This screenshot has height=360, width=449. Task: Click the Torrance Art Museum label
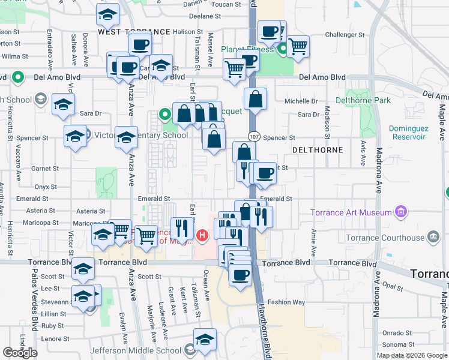[x=351, y=212]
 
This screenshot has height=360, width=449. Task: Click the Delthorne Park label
[x=363, y=100]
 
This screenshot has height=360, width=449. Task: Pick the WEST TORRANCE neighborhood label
[x=134, y=31]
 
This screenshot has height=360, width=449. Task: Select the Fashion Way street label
[x=286, y=302]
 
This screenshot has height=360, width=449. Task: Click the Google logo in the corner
[x=20, y=353]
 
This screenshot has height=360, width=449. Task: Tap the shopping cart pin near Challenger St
[x=297, y=46]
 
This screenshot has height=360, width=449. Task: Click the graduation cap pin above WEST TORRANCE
[x=107, y=14]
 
